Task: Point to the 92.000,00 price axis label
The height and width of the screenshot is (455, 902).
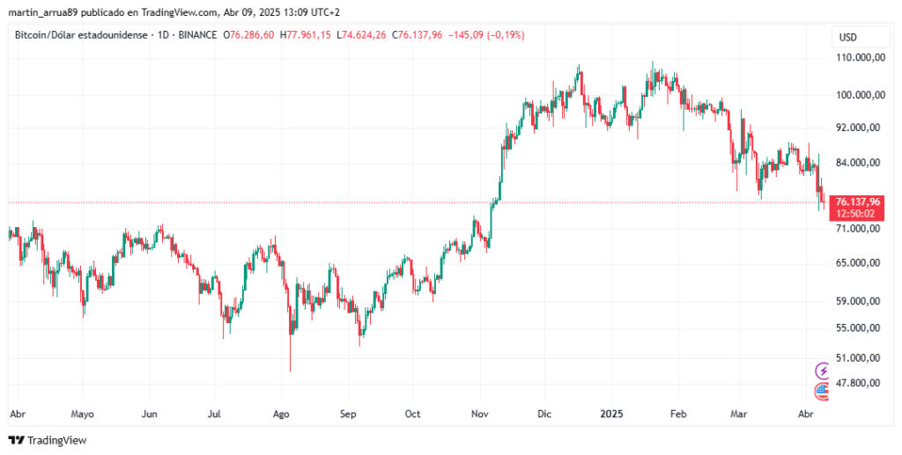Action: click(x=859, y=127)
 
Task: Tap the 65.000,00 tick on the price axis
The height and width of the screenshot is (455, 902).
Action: click(x=859, y=262)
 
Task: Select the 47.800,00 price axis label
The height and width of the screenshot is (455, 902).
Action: click(x=859, y=383)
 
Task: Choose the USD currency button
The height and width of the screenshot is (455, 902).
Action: click(x=848, y=37)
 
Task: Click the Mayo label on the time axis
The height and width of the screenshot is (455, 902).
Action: click(x=82, y=413)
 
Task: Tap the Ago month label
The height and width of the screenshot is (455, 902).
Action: click(x=282, y=413)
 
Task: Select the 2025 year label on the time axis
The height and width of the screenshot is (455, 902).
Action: click(x=611, y=413)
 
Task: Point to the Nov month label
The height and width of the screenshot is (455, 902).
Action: click(x=480, y=413)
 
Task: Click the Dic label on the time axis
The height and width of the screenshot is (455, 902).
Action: click(x=544, y=413)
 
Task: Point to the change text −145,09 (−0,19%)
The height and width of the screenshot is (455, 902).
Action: click(x=486, y=35)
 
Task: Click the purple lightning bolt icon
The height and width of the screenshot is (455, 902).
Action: click(x=823, y=371)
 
